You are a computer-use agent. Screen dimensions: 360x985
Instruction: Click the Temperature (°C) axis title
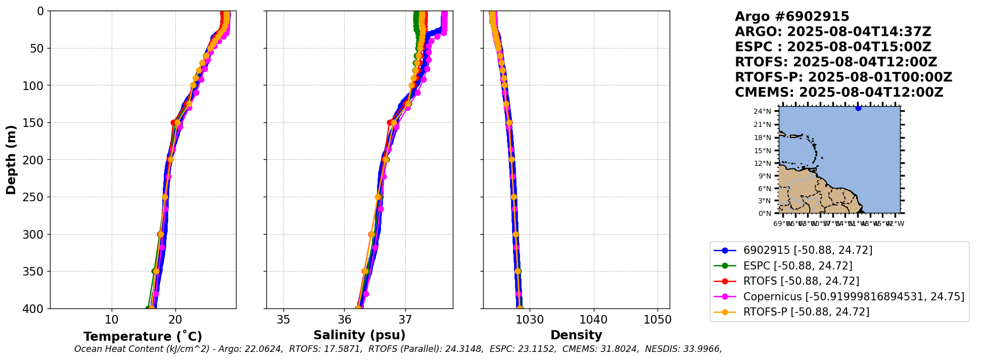[143, 336]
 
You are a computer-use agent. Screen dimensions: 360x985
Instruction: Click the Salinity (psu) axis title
[359, 335]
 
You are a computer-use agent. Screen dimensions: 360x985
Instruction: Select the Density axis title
[576, 335]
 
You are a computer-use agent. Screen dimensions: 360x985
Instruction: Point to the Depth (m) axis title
[11, 160]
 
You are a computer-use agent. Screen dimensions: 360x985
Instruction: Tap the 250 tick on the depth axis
[36, 197]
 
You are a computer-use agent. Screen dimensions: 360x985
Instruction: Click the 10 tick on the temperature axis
[112, 320]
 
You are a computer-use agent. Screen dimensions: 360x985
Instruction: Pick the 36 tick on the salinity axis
[345, 320]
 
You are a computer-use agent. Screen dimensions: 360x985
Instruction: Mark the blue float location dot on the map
[858, 108]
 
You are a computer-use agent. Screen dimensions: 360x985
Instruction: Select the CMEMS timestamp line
[839, 93]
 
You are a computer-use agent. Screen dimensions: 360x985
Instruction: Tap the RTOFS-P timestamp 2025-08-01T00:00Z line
[843, 77]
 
